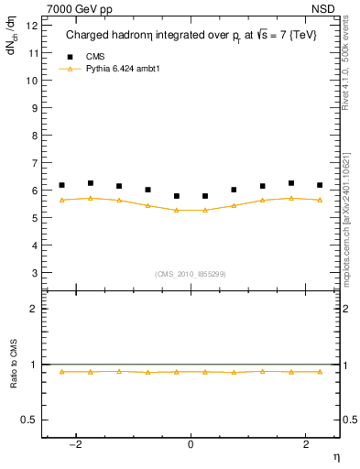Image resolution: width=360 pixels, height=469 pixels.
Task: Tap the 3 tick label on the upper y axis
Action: (34, 273)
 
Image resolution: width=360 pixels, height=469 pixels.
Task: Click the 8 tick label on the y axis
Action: (34, 136)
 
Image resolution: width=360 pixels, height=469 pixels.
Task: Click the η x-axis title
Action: (335, 455)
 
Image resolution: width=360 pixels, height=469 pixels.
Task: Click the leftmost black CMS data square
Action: (61, 185)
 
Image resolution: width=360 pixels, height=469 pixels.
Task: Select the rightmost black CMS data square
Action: (320, 185)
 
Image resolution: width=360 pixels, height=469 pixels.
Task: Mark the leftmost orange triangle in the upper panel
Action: (61, 199)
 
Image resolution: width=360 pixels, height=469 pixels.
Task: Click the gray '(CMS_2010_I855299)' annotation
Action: (190, 273)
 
